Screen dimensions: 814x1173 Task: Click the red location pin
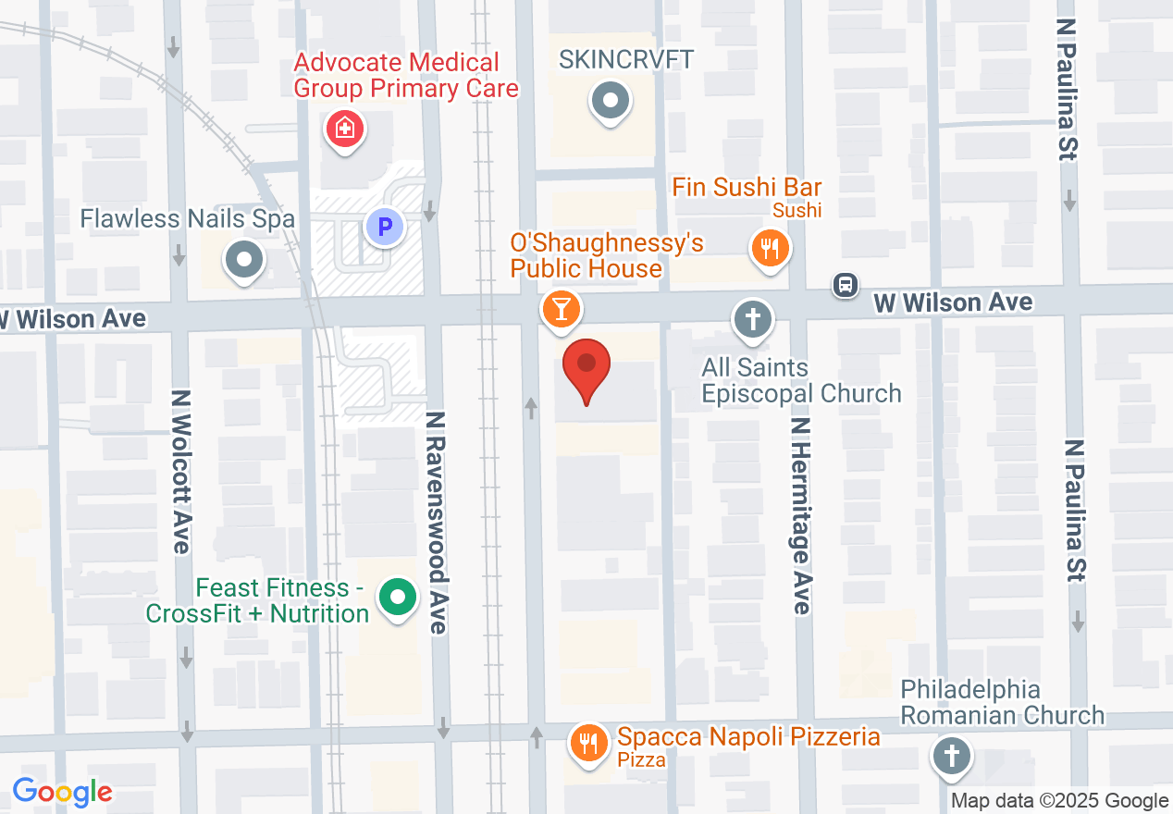(586, 366)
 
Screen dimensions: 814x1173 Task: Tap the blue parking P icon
(383, 225)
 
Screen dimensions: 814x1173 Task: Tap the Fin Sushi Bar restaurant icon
(769, 248)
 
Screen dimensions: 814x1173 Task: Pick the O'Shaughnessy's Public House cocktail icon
(561, 308)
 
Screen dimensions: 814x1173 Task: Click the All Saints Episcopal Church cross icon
(753, 320)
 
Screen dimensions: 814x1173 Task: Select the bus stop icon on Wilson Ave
(845, 285)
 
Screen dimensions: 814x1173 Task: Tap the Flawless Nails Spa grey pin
(244, 260)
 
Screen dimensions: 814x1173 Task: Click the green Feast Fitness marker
(398, 597)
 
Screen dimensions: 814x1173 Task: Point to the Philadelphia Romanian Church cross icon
(950, 755)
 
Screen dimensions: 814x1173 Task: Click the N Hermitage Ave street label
(801, 514)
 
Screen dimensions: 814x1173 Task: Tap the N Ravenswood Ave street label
(436, 524)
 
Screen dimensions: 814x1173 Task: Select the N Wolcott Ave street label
(180, 472)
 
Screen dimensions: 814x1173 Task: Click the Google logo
(62, 792)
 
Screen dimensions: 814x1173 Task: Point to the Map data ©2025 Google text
(1060, 801)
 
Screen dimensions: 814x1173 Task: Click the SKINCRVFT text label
(626, 60)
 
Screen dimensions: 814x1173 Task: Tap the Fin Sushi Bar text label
(747, 188)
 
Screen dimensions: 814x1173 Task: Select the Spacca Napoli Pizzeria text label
(748, 737)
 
